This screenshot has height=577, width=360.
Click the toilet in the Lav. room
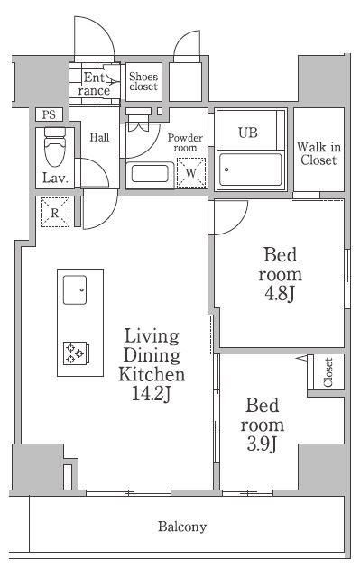click(55, 146)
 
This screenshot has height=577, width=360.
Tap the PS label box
click(49, 114)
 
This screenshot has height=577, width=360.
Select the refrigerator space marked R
click(55, 212)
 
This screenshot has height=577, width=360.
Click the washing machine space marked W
click(191, 172)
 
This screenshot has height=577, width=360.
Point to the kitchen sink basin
click(75, 290)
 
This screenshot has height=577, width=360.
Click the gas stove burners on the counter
click(75, 353)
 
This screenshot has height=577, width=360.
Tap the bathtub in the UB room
click(250, 169)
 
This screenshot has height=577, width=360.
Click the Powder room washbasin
click(150, 174)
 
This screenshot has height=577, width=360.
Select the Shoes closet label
click(143, 82)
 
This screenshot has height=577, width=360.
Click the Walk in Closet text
click(318, 153)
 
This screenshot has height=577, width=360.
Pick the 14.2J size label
click(152, 394)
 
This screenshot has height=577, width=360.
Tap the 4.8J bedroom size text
click(280, 294)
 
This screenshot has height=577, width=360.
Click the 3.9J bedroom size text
click(262, 444)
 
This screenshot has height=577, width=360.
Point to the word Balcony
click(182, 527)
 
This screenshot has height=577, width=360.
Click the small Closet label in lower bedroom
click(328, 372)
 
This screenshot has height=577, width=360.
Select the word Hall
click(100, 138)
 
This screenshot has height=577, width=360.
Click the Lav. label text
click(55, 179)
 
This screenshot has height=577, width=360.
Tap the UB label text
click(248, 133)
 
